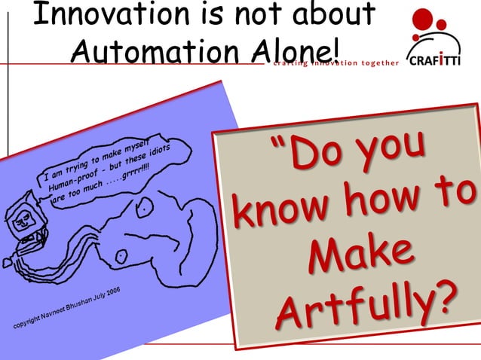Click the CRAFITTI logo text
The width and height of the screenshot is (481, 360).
click(x=433, y=61)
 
